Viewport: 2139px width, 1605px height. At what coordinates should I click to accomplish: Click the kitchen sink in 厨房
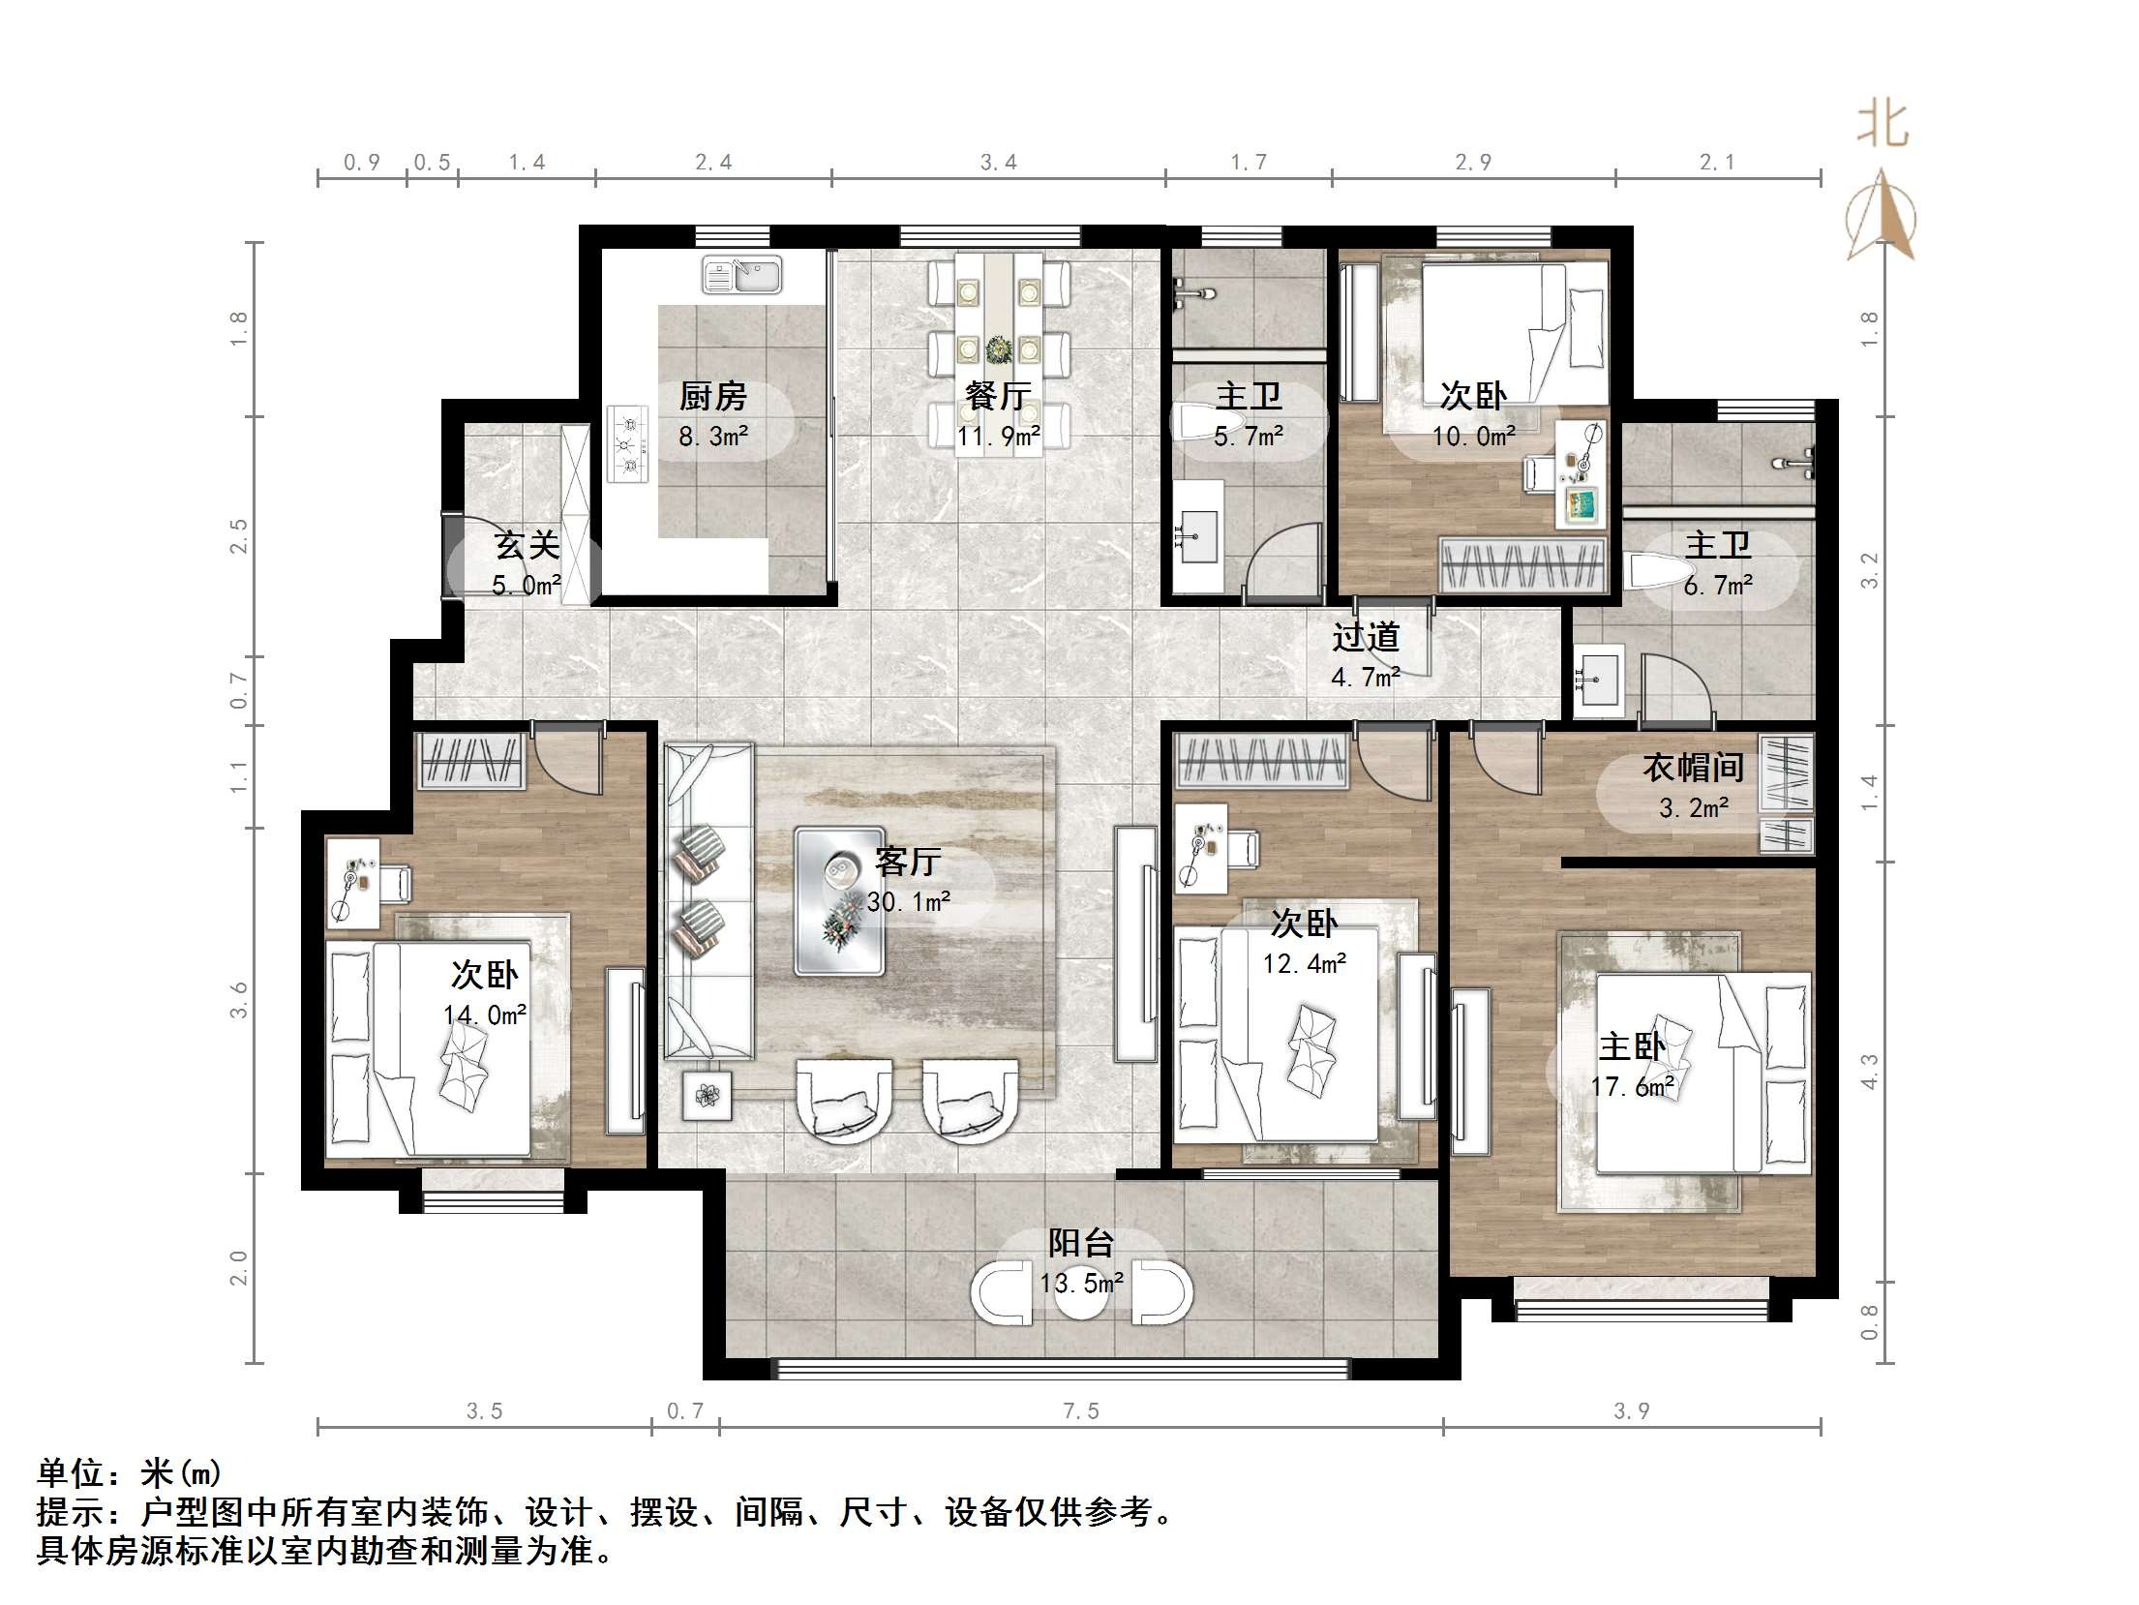[x=741, y=276]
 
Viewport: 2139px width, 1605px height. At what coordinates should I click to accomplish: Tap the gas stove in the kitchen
[x=628, y=444]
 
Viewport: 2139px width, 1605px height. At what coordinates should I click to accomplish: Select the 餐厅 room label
[x=997, y=397]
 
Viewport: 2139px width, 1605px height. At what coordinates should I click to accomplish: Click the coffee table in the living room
[x=839, y=900]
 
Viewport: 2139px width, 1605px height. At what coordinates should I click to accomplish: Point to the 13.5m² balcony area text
[x=1081, y=1284]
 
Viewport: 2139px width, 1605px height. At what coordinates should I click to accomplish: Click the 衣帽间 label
[x=1693, y=768]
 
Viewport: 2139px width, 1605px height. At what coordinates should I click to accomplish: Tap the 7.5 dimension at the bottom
[x=1081, y=1411]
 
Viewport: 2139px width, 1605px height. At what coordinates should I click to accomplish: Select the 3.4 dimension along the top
[x=998, y=163]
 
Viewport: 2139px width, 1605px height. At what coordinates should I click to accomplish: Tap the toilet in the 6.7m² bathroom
[x=1650, y=572]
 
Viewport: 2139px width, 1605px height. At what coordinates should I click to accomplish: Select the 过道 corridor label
[x=1365, y=637]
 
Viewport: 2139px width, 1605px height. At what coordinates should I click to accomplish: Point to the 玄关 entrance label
[x=527, y=545]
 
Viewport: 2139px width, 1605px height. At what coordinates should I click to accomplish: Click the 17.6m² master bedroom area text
[x=1633, y=1087]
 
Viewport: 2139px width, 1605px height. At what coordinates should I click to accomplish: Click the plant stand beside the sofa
[x=708, y=1096]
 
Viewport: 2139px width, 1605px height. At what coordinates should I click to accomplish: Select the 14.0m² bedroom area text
[x=484, y=1014]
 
